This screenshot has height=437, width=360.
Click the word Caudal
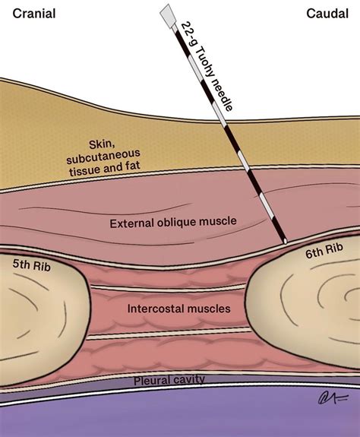(x=327, y=13)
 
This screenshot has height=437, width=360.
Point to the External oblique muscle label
(x=173, y=222)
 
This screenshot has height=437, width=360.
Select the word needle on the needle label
(x=225, y=97)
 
